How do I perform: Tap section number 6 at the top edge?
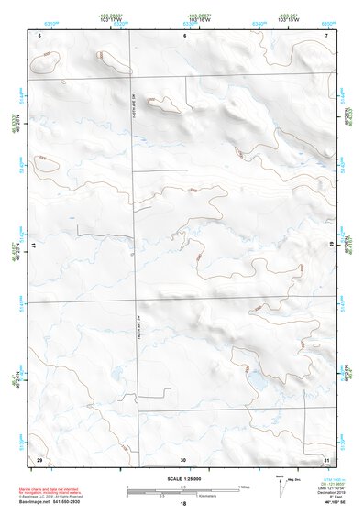pyautogui.click(x=184, y=35)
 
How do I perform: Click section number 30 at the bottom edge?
pyautogui.click(x=183, y=458)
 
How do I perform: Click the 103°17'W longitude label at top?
pyautogui.click(x=112, y=17)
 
